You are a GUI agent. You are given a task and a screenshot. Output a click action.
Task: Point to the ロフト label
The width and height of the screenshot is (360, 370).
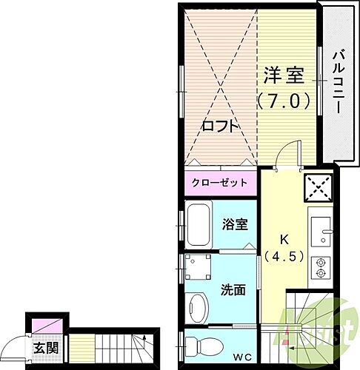pyautogui.click(x=221, y=127)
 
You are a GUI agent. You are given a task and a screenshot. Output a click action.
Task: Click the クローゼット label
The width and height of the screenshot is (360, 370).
pyautogui.click(x=219, y=182)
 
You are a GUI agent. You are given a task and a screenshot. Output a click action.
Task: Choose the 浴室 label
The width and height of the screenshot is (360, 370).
pyautogui.click(x=236, y=225)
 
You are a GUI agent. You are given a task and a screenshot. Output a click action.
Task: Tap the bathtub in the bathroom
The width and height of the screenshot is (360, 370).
pyautogui.click(x=199, y=225)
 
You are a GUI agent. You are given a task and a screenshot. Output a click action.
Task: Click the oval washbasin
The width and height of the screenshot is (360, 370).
pyautogui.click(x=198, y=306)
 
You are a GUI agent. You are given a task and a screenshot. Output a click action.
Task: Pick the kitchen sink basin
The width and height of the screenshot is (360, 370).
pyautogui.click(x=321, y=230)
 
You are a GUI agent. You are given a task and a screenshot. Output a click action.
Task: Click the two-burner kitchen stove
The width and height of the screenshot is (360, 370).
pyautogui.click(x=321, y=266)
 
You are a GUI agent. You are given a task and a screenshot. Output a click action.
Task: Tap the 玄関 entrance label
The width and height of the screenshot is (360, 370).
pyautogui.click(x=40, y=346)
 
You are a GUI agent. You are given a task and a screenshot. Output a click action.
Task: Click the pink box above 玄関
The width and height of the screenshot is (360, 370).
pyautogui.click(x=38, y=325)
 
